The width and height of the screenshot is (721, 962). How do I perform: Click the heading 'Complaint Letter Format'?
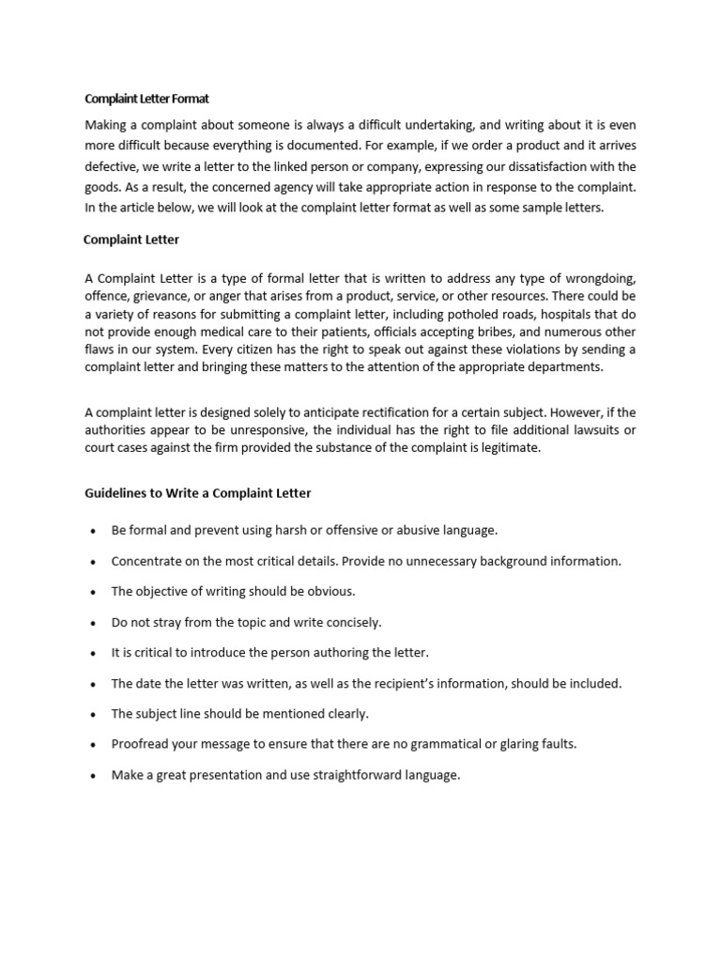pyautogui.click(x=146, y=98)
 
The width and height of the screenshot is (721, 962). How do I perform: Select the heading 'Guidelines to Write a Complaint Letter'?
pyautogui.click(x=198, y=492)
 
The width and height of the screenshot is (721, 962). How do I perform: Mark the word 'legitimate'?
pyautogui.click(x=510, y=448)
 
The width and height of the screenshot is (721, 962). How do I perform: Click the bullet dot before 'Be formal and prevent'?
pyautogui.click(x=93, y=531)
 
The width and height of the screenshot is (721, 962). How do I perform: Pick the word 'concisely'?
pyautogui.click(x=354, y=622)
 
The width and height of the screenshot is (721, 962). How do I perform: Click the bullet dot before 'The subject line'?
pyautogui.click(x=93, y=715)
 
